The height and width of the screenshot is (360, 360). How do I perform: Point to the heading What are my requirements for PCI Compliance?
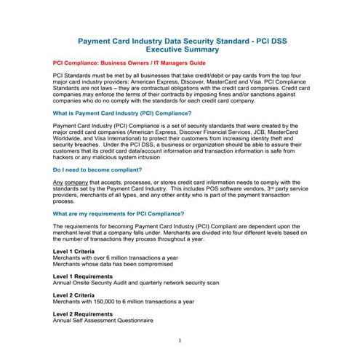[119, 214]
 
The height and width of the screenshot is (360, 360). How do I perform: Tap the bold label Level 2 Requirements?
[85, 313]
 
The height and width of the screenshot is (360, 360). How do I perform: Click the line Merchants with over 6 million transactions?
[114, 257]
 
